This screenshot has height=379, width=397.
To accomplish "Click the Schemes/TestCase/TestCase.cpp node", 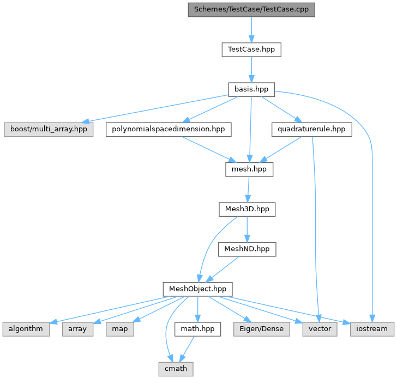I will (x=251, y=9).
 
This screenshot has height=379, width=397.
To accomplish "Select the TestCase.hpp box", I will (x=251, y=50).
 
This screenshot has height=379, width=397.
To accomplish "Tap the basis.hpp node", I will (x=251, y=89).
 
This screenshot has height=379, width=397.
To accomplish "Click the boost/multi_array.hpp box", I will (x=48, y=130).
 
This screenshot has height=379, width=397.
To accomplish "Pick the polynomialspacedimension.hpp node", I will (x=169, y=130).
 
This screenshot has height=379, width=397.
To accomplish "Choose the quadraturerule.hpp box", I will (x=311, y=130).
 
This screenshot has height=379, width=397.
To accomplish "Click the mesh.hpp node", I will (x=249, y=169).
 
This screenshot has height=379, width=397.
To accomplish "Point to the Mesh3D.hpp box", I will (x=247, y=209).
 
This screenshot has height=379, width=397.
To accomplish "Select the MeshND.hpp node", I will (x=247, y=249).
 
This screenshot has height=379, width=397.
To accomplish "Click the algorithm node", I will (x=26, y=329).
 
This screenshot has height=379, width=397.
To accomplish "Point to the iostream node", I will (x=372, y=329).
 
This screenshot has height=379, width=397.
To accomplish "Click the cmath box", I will (x=175, y=369).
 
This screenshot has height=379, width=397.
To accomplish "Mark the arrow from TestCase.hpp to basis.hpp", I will (x=251, y=69).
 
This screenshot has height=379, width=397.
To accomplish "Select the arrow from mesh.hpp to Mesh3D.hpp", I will (x=248, y=189).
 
